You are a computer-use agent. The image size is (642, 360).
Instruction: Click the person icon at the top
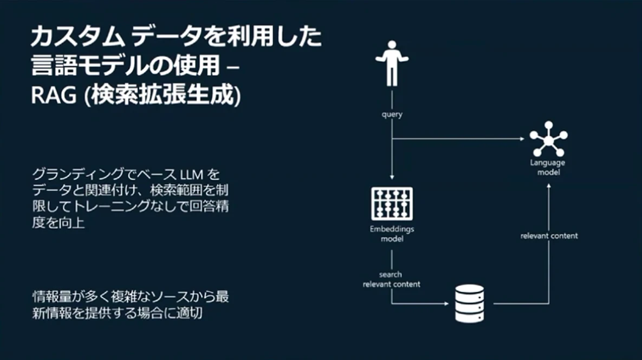(x=392, y=63)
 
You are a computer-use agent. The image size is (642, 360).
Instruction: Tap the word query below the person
(x=392, y=114)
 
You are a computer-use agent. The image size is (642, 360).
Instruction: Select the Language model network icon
(x=548, y=139)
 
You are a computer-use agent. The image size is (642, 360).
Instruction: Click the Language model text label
(x=548, y=167)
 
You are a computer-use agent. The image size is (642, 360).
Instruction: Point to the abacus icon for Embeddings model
(x=392, y=203)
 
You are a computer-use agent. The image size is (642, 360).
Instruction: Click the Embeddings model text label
(x=392, y=234)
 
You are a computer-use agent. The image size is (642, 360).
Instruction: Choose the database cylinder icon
(x=470, y=304)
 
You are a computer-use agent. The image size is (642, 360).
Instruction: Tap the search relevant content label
(x=391, y=279)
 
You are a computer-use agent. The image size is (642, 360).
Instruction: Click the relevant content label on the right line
(x=549, y=235)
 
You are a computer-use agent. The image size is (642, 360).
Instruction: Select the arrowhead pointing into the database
(x=447, y=304)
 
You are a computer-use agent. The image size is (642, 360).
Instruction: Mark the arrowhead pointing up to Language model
(x=549, y=187)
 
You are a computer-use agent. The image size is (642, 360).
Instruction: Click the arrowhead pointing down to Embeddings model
(x=392, y=177)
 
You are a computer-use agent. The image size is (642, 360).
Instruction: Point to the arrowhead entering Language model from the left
(x=522, y=139)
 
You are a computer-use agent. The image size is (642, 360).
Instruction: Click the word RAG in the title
(x=54, y=95)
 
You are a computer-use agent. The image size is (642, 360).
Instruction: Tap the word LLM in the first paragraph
(x=192, y=175)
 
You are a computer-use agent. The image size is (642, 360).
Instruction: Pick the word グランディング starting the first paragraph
(x=78, y=175)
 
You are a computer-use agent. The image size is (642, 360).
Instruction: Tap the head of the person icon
(x=392, y=44)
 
